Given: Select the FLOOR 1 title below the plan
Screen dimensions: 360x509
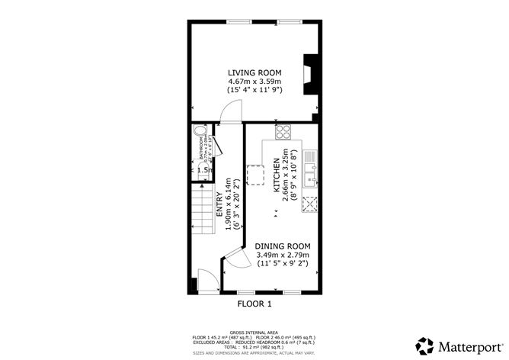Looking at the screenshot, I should (254, 304).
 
